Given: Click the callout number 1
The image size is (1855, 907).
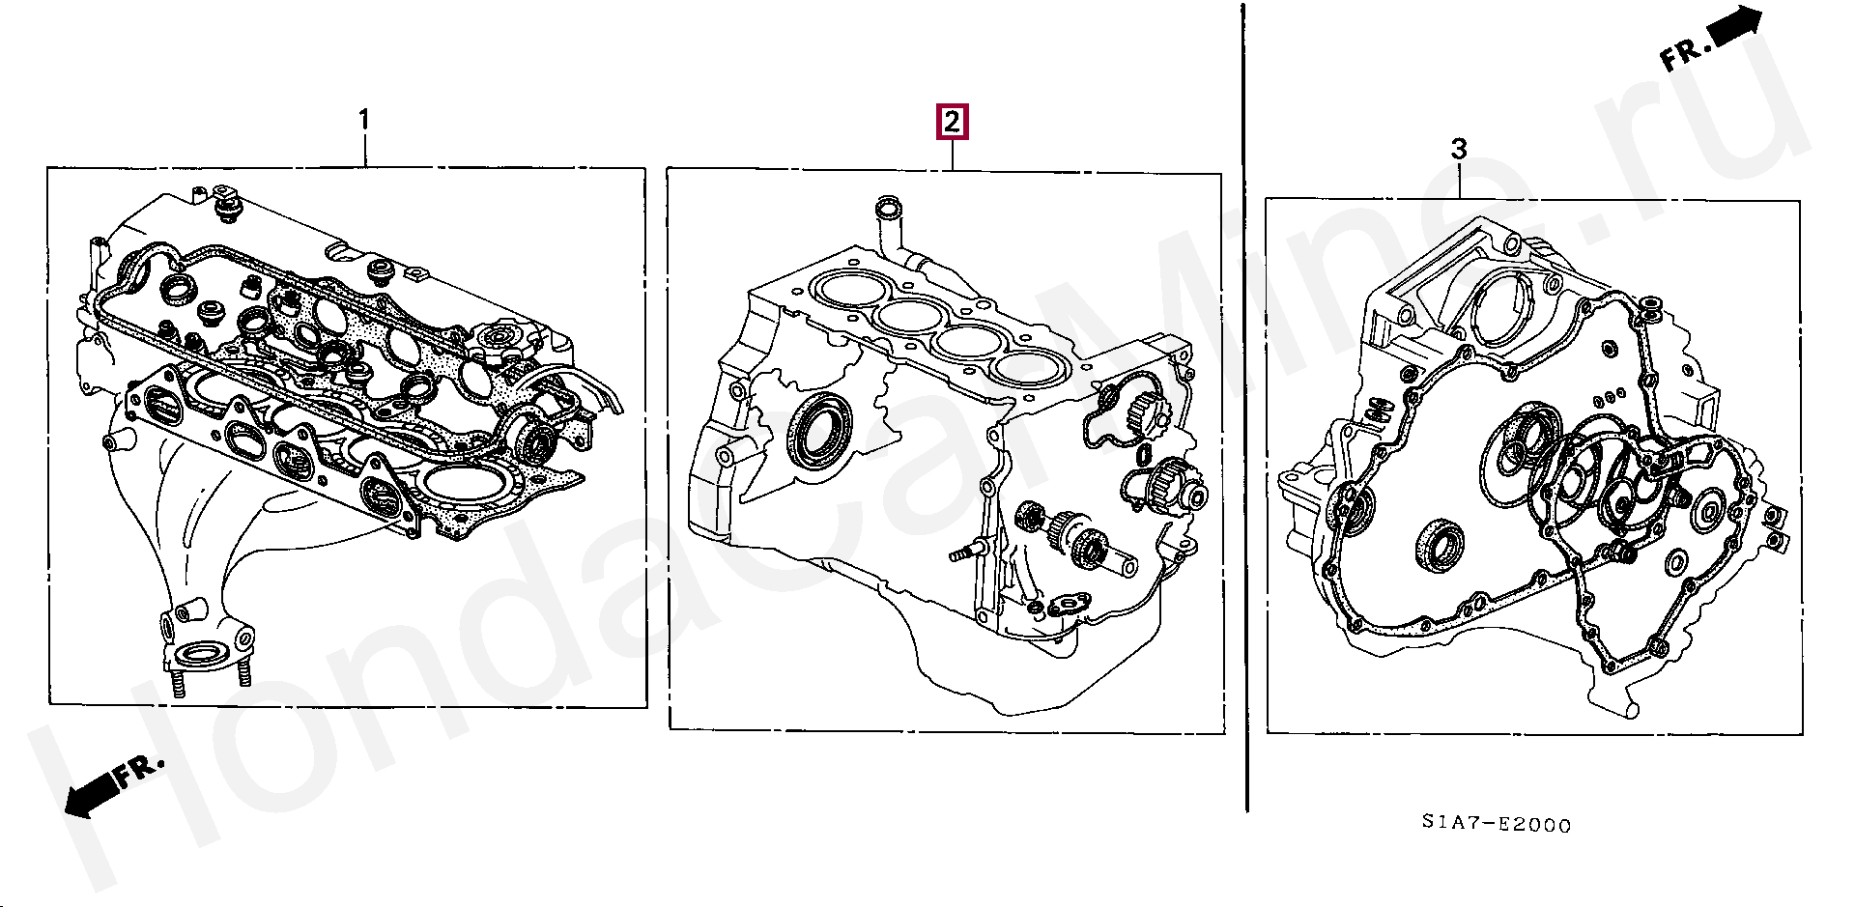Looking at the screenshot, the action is (x=364, y=120).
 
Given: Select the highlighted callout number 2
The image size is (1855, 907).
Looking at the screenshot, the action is (x=952, y=122).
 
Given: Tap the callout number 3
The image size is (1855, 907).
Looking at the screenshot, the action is (x=1459, y=149).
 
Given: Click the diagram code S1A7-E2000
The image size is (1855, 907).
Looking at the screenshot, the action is (x=1496, y=824).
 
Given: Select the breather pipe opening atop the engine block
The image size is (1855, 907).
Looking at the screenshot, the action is (x=886, y=207).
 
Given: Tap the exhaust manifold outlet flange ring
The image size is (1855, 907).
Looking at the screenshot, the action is (x=202, y=654).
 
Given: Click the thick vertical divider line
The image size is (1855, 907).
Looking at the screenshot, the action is (x=1244, y=407).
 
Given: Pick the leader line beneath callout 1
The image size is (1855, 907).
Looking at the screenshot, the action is (x=364, y=150).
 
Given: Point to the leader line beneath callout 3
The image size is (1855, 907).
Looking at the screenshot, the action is (x=1461, y=181).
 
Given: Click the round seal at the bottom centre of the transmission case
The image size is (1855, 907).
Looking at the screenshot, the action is (x=1440, y=546).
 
